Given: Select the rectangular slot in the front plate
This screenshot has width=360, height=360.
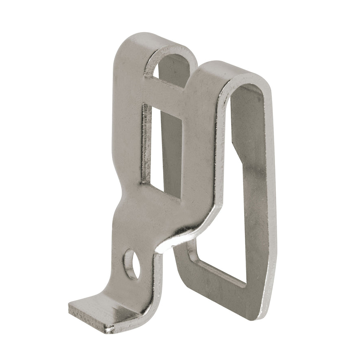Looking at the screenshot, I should click(x=162, y=151).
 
